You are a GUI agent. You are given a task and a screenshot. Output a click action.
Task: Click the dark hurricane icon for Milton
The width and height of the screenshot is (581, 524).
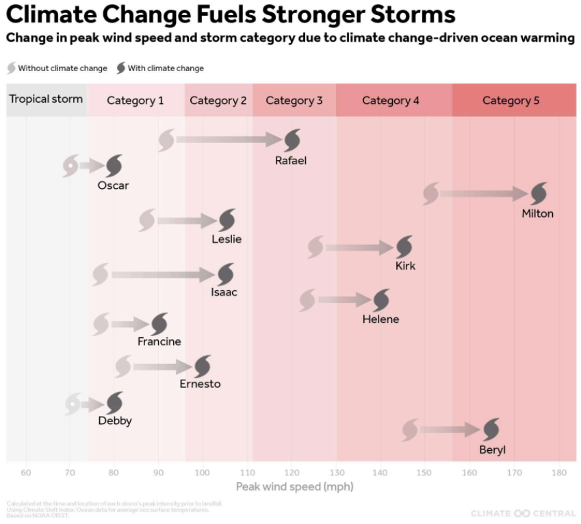(x=539, y=194)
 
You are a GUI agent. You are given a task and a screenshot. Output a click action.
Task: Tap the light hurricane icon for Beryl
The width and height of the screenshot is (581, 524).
(x=410, y=430)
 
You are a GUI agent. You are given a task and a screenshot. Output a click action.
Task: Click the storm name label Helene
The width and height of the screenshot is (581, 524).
(x=380, y=319)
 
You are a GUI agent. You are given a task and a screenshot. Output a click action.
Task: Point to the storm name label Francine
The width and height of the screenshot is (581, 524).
(x=159, y=341)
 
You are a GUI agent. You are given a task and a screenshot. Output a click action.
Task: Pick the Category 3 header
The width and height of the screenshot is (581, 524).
(x=294, y=101)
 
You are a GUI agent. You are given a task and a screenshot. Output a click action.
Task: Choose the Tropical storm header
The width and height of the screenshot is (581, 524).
(x=46, y=99)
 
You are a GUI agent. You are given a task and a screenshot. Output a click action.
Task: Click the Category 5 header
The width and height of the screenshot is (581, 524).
(x=511, y=101)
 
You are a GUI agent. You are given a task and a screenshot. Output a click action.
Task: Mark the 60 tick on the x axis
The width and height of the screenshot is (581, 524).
(x=26, y=473)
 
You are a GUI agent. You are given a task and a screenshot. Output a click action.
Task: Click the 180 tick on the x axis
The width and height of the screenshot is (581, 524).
(x=558, y=473)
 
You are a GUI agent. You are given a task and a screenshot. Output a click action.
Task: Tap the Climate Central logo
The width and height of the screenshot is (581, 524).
(x=523, y=513)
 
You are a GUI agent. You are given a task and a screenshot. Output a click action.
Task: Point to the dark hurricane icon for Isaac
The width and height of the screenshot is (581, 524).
(x=225, y=275)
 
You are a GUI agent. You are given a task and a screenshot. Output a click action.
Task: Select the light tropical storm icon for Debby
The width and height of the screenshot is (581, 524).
(x=72, y=404)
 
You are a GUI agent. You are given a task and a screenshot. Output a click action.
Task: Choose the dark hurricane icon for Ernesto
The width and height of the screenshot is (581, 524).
(x=202, y=367)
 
